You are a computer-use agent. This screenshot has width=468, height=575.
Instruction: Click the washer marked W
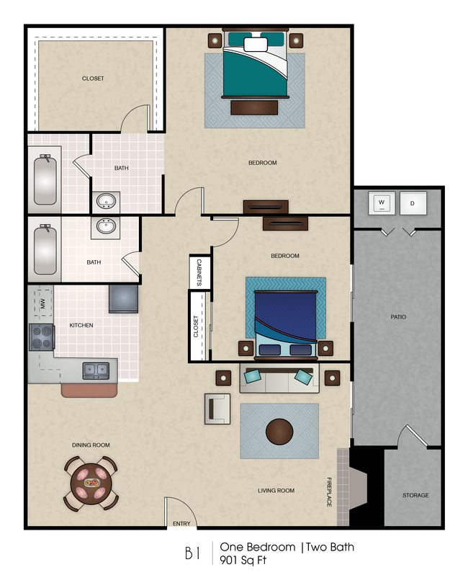[x=381, y=202]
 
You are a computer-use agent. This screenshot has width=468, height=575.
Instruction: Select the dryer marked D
[x=413, y=202]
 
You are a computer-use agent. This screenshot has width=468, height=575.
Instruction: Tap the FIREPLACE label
[x=330, y=491]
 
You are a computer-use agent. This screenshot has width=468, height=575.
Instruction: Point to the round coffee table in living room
[x=279, y=432]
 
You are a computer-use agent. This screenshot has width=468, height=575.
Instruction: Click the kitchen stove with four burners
[x=41, y=336]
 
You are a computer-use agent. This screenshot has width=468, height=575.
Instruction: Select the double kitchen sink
[x=96, y=370]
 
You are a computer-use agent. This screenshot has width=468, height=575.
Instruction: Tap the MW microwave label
[x=42, y=303]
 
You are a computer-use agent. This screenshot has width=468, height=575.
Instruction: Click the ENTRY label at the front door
[x=181, y=524]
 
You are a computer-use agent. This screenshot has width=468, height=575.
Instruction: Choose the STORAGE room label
[x=415, y=495]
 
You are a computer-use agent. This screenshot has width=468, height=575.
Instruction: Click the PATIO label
[x=397, y=316]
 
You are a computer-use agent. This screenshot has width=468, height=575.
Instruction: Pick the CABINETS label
[x=199, y=272]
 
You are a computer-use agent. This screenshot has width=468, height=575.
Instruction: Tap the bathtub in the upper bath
[x=45, y=179]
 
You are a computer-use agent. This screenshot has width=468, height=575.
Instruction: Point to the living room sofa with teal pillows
[x=279, y=378]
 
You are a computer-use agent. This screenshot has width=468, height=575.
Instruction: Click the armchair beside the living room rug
[x=217, y=409]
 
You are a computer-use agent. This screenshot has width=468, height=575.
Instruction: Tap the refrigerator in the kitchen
[x=123, y=298]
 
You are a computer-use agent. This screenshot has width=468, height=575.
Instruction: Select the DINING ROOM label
[x=91, y=445]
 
